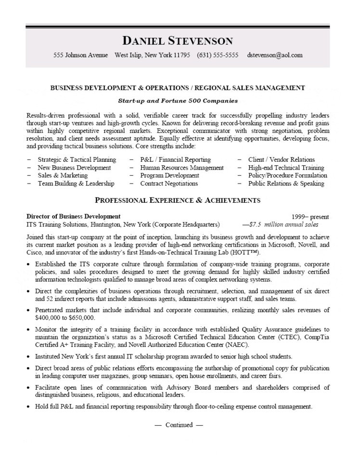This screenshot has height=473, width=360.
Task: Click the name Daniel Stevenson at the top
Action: click(x=178, y=40)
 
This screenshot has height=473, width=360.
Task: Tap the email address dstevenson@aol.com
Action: click(x=275, y=55)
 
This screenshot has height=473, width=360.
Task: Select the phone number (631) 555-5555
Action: click(x=218, y=55)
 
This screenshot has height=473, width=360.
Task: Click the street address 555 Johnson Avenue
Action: click(x=80, y=55)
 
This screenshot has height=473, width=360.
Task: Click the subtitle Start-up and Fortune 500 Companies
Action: click(x=178, y=101)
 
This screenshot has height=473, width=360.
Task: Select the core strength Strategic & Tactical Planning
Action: click(x=77, y=159)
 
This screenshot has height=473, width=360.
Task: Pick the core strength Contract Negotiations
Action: click(x=169, y=184)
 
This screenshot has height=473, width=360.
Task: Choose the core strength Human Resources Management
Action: click(x=182, y=168)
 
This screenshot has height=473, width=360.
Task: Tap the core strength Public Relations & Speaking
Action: click(x=286, y=184)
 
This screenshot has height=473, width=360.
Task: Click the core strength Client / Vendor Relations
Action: click(x=282, y=159)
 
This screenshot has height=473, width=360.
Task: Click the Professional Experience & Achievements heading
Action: click(x=178, y=200)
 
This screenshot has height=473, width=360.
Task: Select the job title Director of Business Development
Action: click(x=74, y=216)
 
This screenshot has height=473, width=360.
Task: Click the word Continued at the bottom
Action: click(x=179, y=425)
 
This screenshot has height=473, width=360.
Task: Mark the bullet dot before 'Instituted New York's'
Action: click(x=29, y=357)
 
